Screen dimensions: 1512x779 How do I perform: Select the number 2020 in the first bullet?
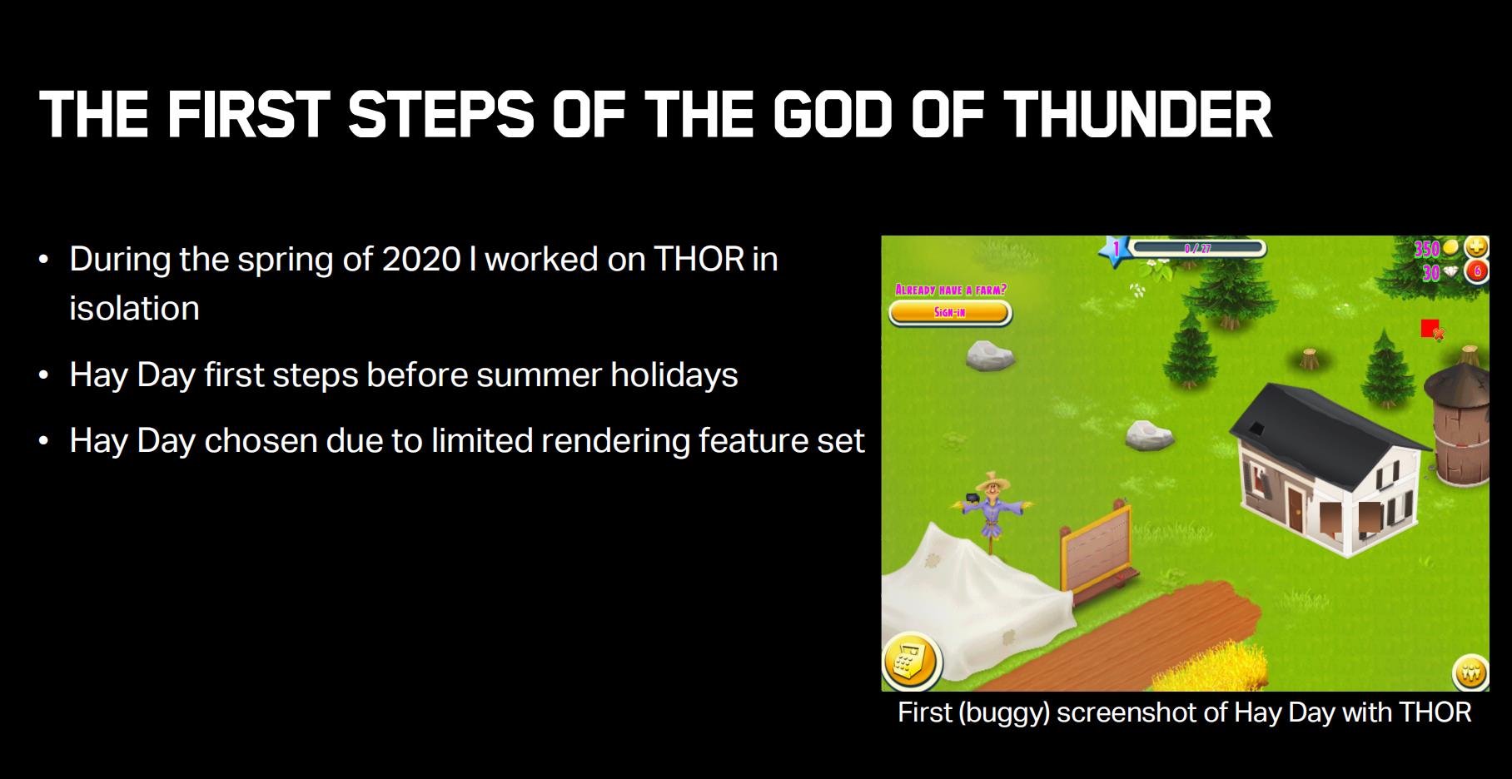[x=421, y=259]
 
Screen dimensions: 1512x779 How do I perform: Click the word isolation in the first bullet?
[x=134, y=308]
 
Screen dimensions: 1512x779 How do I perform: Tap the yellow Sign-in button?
[x=950, y=313]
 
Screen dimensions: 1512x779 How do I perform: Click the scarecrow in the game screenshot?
[x=991, y=514]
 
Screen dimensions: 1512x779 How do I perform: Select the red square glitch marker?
[x=1430, y=328]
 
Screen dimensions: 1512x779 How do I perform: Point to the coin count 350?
[x=1427, y=248]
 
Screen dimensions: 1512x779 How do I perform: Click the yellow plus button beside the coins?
[x=1476, y=248]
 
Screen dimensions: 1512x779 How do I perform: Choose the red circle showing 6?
[x=1476, y=272]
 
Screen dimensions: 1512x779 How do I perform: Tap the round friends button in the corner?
[x=1470, y=672]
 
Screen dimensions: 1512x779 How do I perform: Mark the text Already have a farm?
[x=950, y=290]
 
